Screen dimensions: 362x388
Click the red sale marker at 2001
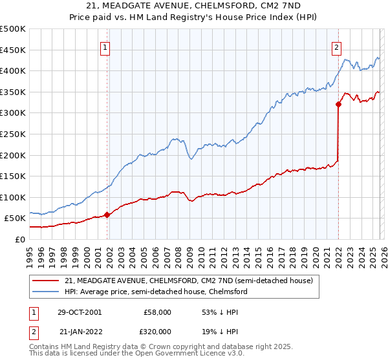(107, 215)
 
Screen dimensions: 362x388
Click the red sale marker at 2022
(338, 104)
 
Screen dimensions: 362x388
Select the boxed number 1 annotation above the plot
(105, 47)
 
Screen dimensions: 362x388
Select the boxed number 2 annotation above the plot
(337, 47)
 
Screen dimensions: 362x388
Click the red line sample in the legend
(46, 281)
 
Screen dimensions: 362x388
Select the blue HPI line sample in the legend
(46, 292)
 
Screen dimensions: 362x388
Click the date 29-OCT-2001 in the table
(80, 312)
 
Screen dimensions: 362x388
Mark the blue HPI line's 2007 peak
(174, 138)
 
